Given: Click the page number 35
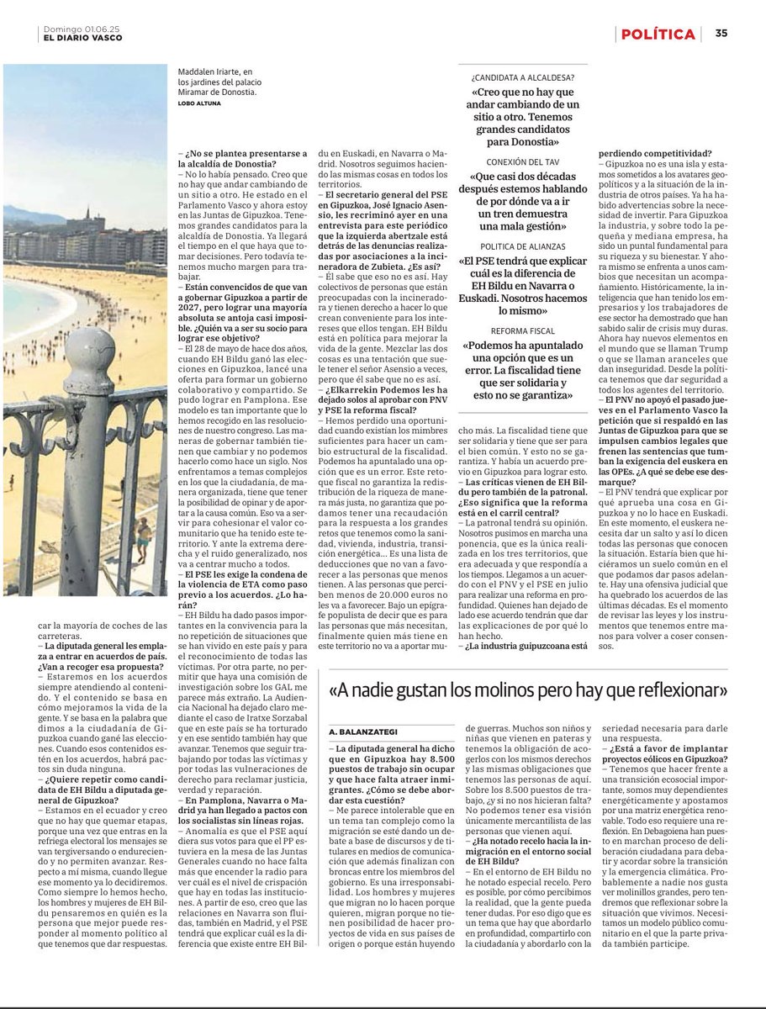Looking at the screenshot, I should click(x=721, y=34).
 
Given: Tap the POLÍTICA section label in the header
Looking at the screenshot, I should click(x=658, y=34).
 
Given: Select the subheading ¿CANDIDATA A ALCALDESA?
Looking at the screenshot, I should click(x=523, y=77).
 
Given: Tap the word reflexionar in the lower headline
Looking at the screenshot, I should click(x=677, y=690).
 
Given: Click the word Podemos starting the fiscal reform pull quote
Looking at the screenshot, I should click(x=496, y=346).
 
